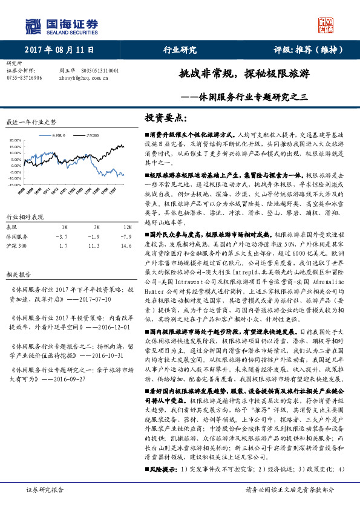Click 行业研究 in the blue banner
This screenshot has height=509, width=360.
point(180,50)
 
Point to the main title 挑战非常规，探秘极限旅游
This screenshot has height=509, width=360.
point(244,75)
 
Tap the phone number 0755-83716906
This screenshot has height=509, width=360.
point(24,78)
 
